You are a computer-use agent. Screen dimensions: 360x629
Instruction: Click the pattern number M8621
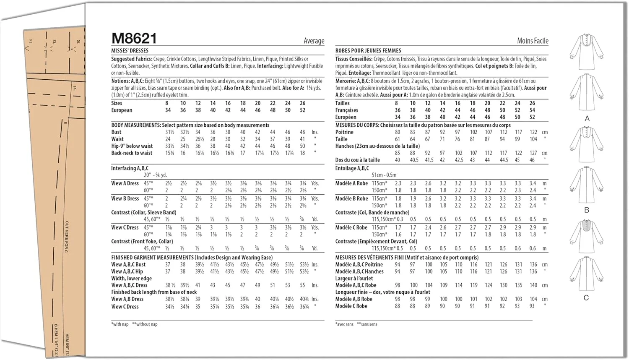(x=134, y=39)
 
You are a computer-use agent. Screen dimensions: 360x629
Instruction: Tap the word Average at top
(x=314, y=41)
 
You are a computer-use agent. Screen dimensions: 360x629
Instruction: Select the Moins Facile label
(x=533, y=41)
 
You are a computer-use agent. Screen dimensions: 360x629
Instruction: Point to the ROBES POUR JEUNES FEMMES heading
(x=368, y=51)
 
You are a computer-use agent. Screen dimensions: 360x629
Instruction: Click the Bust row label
(x=116, y=132)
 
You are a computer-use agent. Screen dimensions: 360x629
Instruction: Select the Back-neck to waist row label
(x=132, y=153)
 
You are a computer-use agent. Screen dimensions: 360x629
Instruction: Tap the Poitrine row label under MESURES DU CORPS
(x=344, y=132)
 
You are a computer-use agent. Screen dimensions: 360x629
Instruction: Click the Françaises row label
(x=346, y=110)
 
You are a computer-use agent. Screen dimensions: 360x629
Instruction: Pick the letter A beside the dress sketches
(x=587, y=119)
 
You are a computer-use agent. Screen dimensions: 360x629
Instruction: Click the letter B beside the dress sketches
(x=587, y=210)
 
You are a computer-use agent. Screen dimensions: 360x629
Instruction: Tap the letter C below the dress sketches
(x=586, y=297)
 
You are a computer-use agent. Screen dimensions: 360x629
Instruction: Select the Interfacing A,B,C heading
(x=130, y=168)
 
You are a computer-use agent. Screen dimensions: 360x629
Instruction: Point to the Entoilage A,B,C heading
(x=352, y=168)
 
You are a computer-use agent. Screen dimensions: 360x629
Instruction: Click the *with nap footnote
(x=120, y=324)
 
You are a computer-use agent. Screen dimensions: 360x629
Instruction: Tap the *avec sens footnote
(x=344, y=324)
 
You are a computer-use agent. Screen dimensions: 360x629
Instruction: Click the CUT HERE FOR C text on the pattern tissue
(x=67, y=237)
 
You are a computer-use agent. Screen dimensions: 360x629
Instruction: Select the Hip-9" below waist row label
(x=132, y=146)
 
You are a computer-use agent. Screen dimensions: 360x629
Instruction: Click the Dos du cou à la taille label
(x=357, y=160)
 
